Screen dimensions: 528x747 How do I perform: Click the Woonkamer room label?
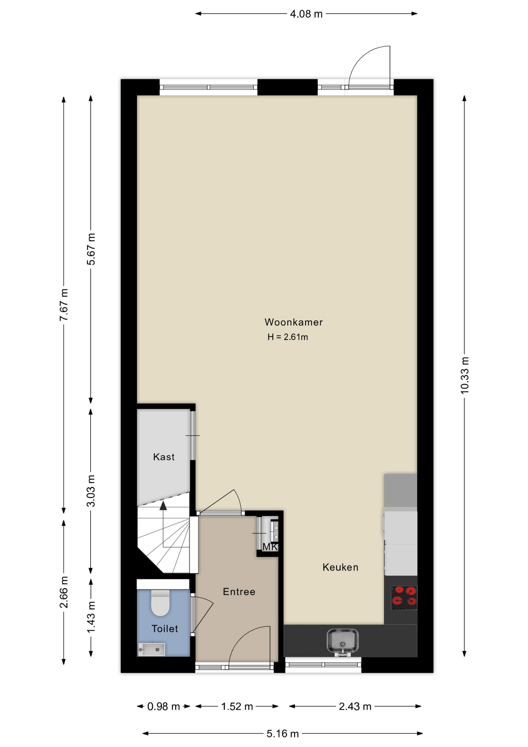[294, 322]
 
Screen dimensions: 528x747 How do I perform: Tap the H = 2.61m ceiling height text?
[288, 337]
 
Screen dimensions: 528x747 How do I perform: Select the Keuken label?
[340, 567]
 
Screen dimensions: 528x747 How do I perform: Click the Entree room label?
[239, 592]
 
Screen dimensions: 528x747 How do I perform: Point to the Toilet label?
[165, 629]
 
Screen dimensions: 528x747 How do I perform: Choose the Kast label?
[164, 457]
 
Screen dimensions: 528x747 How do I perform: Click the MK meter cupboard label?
[270, 547]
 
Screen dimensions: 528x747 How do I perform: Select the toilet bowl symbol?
[160, 603]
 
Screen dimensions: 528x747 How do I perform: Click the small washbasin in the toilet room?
[151, 649]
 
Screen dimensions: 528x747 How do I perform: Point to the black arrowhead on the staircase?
[163, 505]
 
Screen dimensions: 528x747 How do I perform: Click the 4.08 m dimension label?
[306, 14]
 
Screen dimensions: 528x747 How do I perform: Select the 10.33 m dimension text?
[465, 375]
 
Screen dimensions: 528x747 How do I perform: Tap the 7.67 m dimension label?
[64, 305]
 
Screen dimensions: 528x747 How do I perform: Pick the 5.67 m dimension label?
[91, 249]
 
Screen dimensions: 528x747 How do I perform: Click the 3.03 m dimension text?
[91, 491]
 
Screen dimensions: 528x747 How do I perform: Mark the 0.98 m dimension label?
[164, 706]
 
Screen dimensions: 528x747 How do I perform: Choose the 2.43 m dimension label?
[355, 706]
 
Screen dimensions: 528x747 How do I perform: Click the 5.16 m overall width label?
[283, 733]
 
